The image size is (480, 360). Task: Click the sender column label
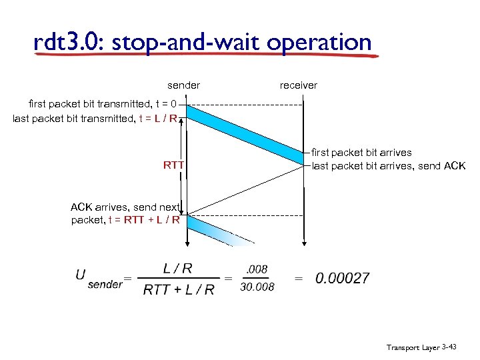coord(183,85)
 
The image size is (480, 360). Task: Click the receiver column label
coord(298,85)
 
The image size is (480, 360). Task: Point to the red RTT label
coord(173,165)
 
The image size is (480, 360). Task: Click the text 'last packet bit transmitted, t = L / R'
coord(95,119)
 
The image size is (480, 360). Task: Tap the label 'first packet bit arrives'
coord(362,153)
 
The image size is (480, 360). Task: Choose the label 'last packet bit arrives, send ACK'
coord(389,166)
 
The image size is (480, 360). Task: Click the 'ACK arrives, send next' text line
coord(126,207)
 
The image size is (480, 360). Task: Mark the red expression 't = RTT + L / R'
coord(147,220)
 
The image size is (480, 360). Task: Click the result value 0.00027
coord(343,278)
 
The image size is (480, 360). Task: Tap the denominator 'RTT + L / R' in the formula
coord(179,289)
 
